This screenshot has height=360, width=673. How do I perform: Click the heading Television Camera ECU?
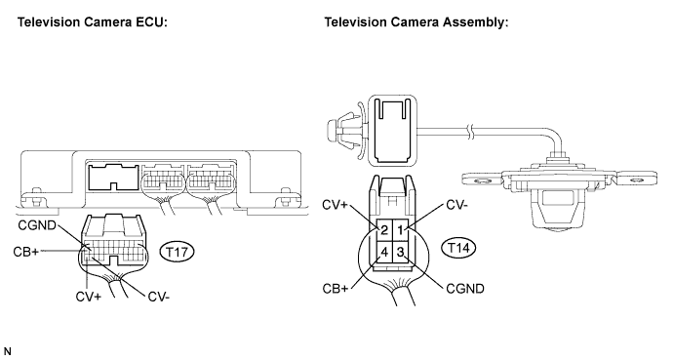[92, 21]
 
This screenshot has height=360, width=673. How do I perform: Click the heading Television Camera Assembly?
[416, 21]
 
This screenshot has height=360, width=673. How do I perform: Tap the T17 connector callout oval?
[177, 252]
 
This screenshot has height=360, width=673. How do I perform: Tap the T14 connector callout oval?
[458, 248]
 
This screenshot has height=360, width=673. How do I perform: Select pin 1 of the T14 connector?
[400, 230]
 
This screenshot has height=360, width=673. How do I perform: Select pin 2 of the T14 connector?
[384, 230]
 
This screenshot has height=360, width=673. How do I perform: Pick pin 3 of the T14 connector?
[400, 252]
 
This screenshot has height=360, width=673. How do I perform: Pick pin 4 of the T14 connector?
[384, 252]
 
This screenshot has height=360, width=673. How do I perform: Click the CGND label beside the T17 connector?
[37, 225]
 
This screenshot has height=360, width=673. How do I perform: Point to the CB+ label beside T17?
[25, 252]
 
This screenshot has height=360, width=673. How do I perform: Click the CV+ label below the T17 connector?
[89, 297]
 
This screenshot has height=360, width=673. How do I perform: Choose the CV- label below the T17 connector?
[158, 297]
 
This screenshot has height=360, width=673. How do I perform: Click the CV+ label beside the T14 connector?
[335, 205]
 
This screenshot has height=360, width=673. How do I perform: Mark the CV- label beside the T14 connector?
[457, 205]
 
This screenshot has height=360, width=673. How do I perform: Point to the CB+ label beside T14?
[336, 289]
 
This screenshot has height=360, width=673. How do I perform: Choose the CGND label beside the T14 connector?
[465, 289]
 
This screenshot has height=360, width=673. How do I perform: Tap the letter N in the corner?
[7, 352]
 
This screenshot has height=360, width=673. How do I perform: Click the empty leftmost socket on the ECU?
[114, 177]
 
